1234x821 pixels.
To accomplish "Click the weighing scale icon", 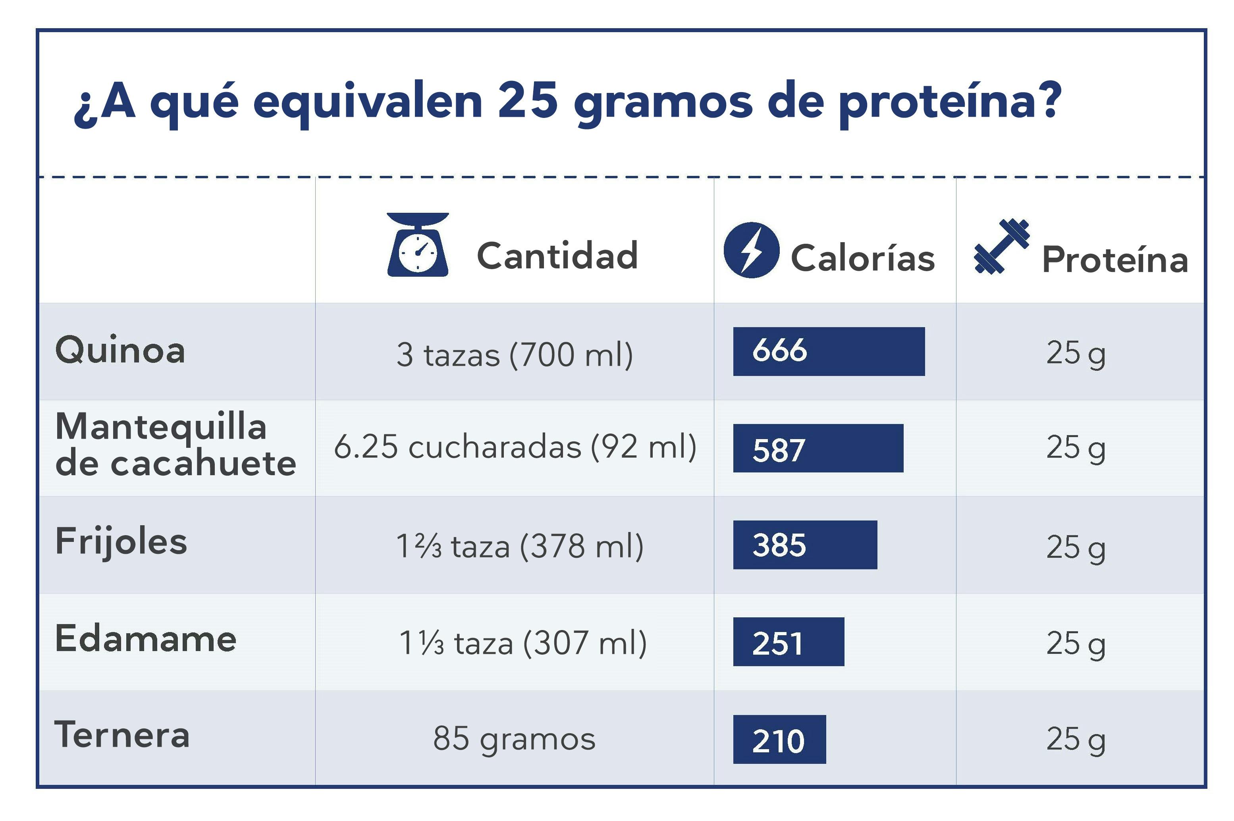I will click(417, 245).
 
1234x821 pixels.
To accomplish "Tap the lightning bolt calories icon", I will click(751, 250).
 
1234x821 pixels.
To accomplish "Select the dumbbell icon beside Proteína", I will click(1001, 246).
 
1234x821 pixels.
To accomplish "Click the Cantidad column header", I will click(557, 256).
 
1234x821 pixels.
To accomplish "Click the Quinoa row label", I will click(120, 350).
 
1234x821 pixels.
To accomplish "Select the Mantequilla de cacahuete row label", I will click(175, 445).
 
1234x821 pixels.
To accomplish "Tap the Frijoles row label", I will click(121, 542).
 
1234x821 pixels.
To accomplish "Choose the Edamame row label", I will click(146, 639).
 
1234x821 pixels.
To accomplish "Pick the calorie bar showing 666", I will click(828, 351).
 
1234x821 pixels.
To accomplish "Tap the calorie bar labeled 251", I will click(788, 642).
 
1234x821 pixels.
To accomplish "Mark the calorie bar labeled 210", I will click(779, 739).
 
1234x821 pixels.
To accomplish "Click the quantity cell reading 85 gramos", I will click(514, 738).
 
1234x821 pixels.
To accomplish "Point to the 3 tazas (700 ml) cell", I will click(514, 355).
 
